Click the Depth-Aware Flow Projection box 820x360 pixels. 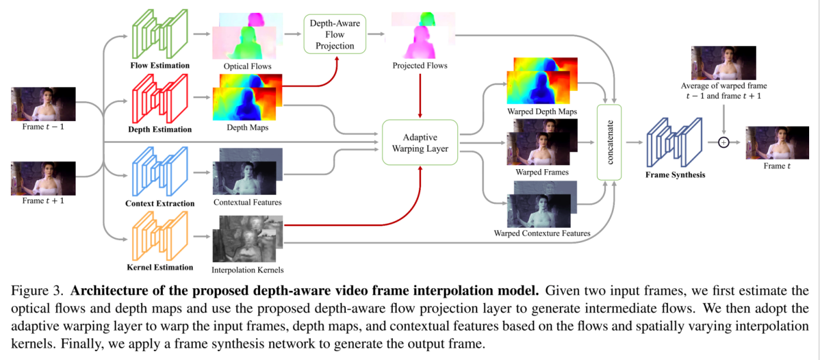coord(334,35)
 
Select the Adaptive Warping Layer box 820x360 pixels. coord(420,143)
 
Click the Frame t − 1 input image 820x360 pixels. coord(43,104)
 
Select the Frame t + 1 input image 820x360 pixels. coord(43,177)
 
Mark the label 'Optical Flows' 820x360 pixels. coord(247,66)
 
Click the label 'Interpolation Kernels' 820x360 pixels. coord(247,270)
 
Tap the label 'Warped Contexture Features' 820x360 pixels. coord(542,233)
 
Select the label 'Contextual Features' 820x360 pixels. coord(247,202)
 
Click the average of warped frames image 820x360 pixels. coord(724,62)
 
